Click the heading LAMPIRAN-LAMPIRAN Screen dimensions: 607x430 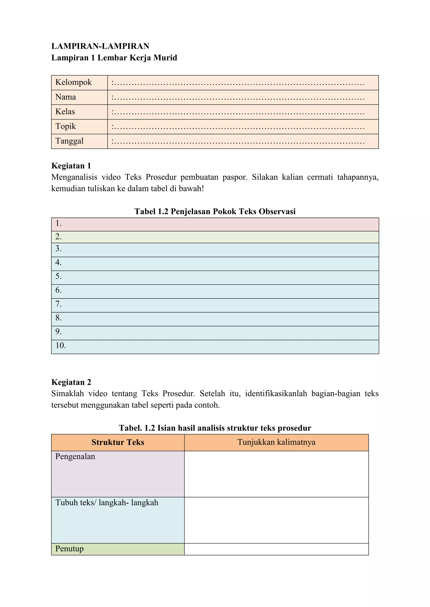pos(100,46)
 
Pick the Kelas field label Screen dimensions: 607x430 pos(65,112)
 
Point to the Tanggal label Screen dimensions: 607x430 pos(69,141)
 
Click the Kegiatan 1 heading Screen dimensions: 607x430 pos(71,166)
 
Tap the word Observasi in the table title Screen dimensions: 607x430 pos(277,211)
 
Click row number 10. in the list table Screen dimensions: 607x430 pos(60,346)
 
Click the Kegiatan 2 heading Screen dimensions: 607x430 pos(71,382)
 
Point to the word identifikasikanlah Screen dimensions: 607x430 pos(276,394)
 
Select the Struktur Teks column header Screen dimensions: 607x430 pos(118,442)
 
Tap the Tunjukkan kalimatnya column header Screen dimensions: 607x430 pos(276,442)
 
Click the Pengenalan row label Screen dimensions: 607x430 pos(75,457)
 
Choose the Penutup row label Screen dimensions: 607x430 pos(69,549)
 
